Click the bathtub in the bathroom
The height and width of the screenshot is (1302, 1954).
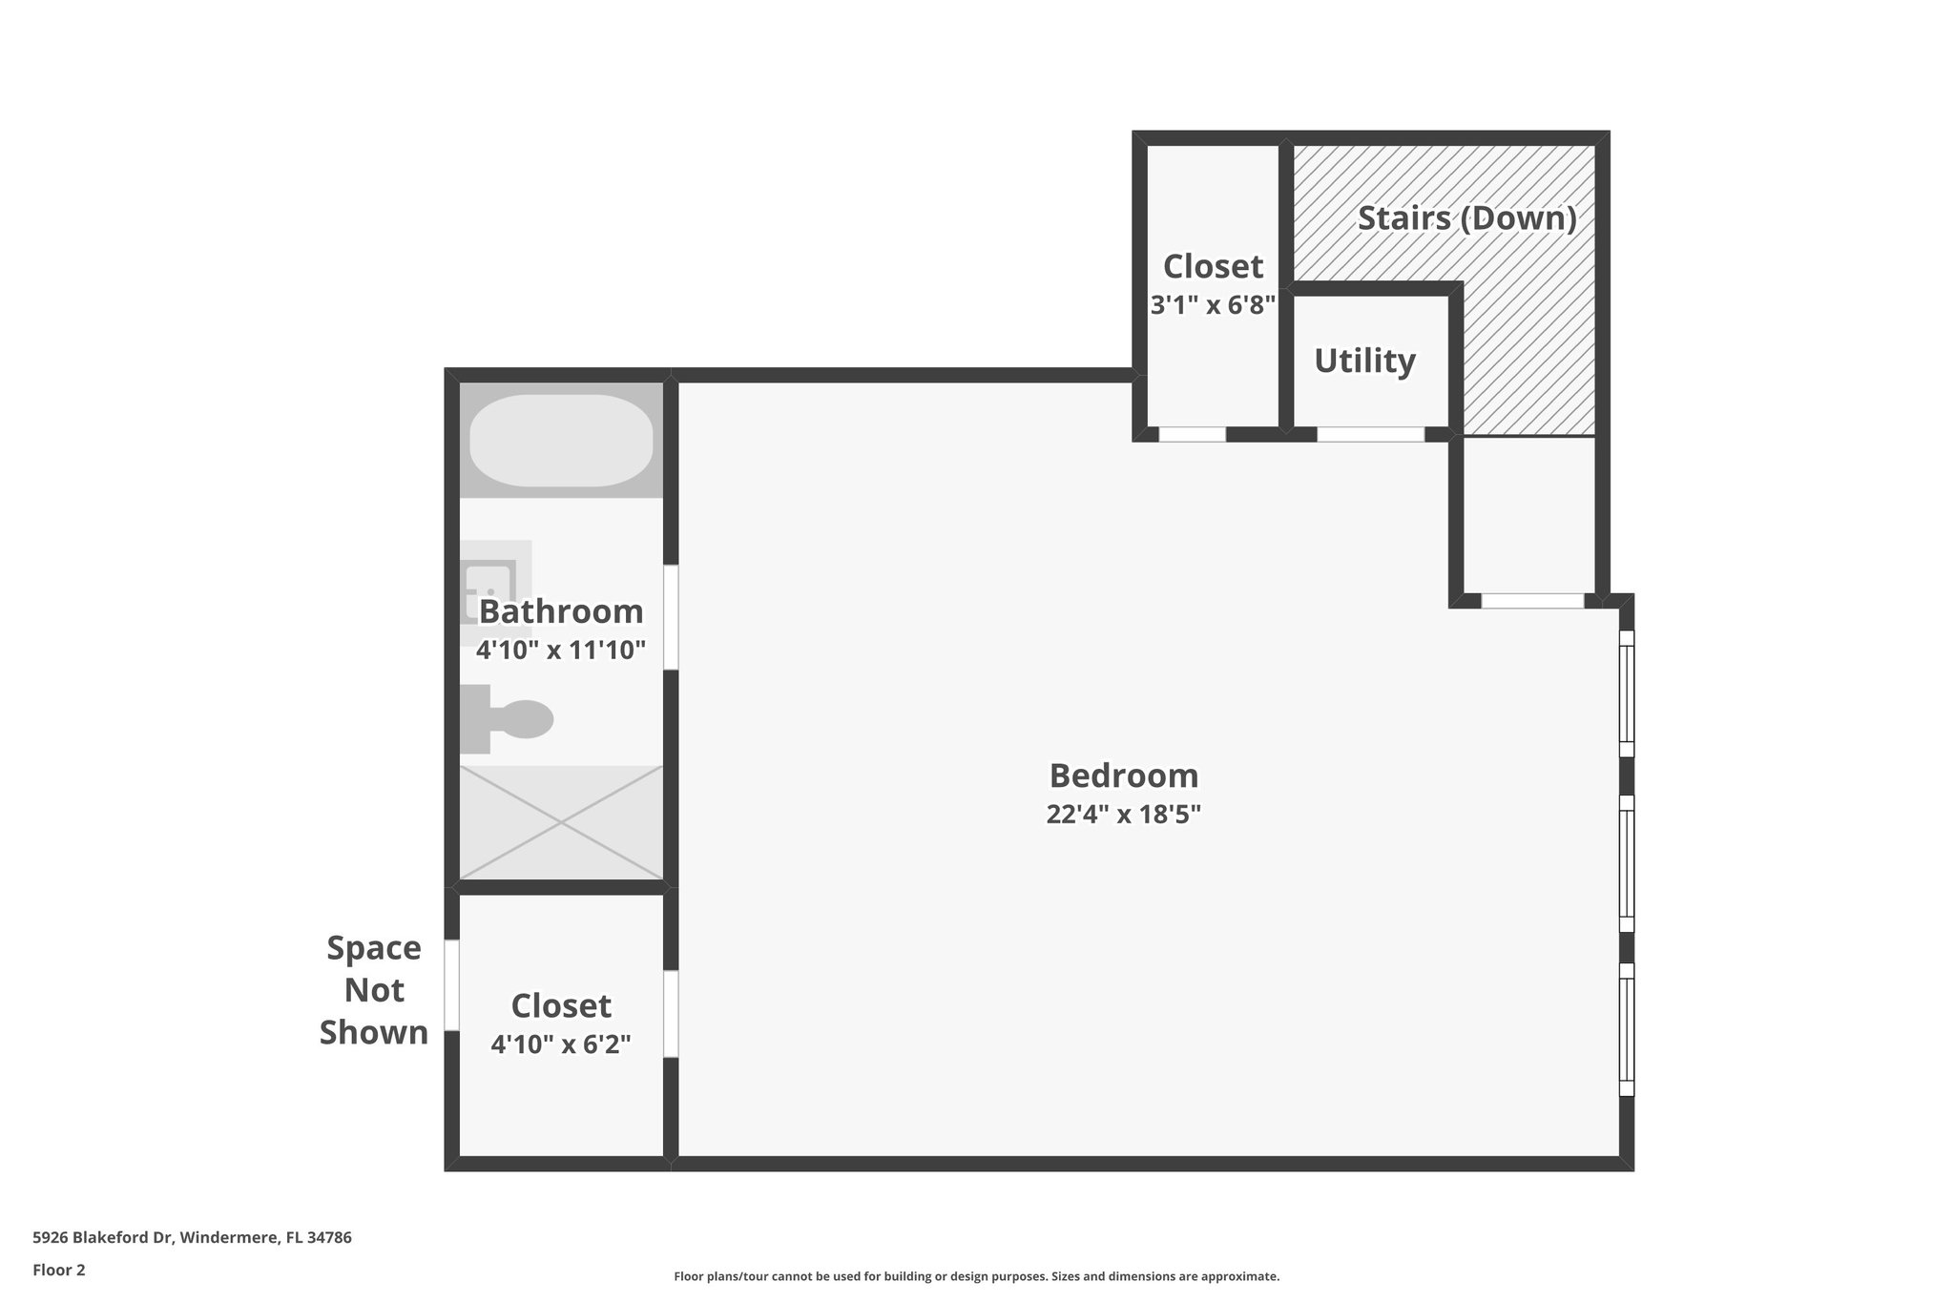click(561, 441)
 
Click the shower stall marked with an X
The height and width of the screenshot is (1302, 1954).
click(561, 822)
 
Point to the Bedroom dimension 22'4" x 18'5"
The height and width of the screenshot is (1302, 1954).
click(1123, 815)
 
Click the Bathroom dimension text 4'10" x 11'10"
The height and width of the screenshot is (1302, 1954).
click(561, 651)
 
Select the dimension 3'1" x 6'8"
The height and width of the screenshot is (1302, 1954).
click(1213, 305)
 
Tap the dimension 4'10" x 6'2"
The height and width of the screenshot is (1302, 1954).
click(561, 1044)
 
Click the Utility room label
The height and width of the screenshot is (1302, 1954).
click(1364, 361)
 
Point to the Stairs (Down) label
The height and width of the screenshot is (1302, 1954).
click(1466, 218)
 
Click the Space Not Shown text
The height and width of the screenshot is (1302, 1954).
click(374, 990)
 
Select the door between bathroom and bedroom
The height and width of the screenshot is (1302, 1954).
click(671, 616)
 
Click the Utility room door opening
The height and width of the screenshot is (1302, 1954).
click(1370, 434)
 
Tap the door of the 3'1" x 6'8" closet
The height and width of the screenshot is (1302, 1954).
click(1192, 434)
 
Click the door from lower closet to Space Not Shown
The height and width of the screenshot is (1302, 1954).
click(451, 984)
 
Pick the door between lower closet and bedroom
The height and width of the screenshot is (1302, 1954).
click(671, 1013)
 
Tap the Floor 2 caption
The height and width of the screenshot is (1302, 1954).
click(59, 1270)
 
